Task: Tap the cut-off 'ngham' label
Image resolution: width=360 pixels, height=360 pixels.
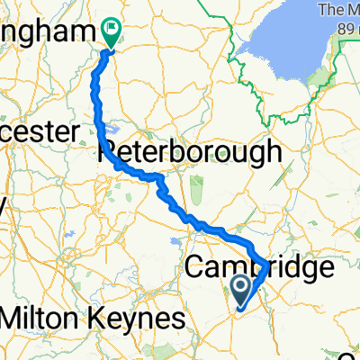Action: coord(45,32)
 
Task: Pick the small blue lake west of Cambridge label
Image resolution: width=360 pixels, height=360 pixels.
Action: coord(194,238)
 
